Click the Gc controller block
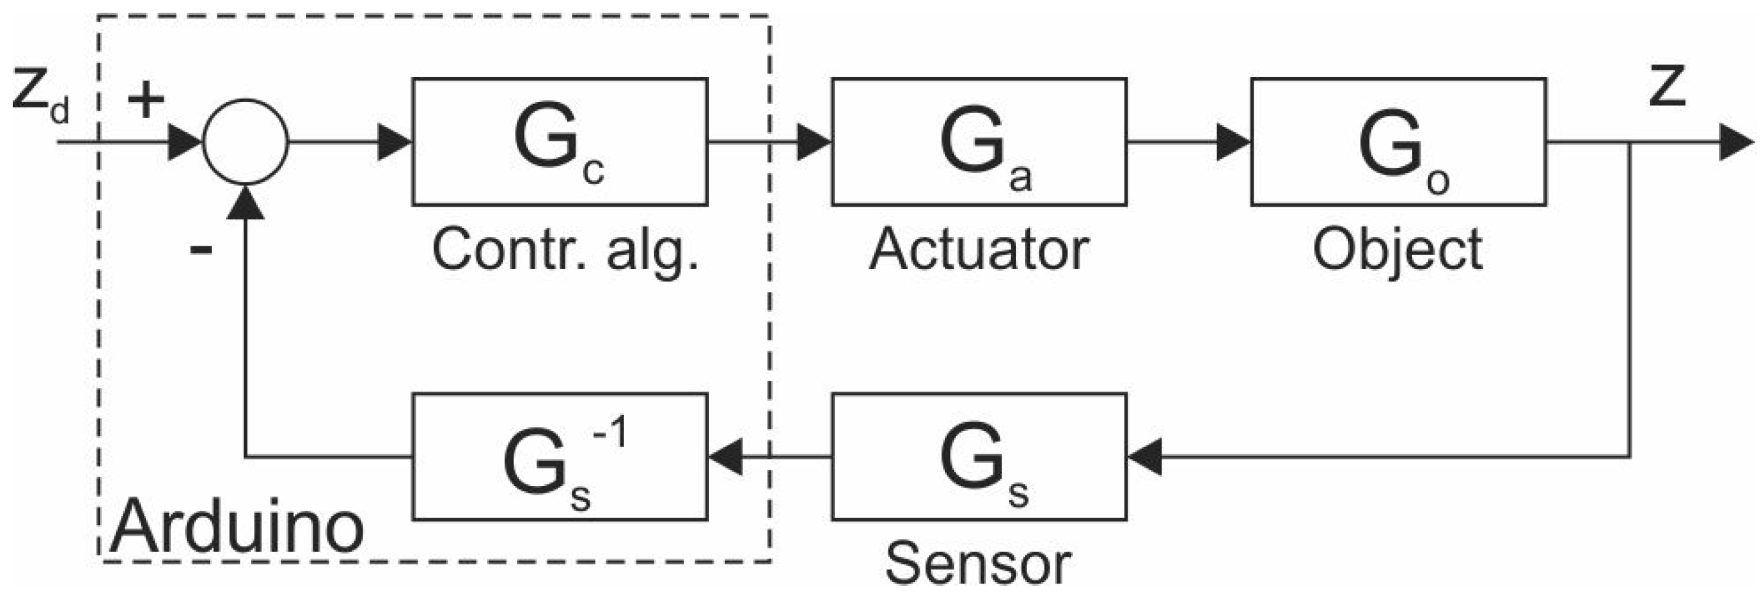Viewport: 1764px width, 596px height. pyautogui.click(x=559, y=142)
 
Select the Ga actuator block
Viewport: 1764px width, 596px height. pyautogui.click(x=979, y=142)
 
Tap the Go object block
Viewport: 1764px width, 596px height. pyautogui.click(x=1398, y=142)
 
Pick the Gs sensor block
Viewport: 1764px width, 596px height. pyautogui.click(x=979, y=456)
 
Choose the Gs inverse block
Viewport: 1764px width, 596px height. pyautogui.click(x=559, y=456)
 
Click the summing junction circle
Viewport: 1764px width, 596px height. pyautogui.click(x=246, y=142)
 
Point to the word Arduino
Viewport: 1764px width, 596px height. pyautogui.click(x=236, y=527)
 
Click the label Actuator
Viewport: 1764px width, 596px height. pyautogui.click(x=979, y=250)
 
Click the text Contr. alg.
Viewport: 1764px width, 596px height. pyautogui.click(x=565, y=251)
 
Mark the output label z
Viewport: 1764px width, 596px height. pyautogui.click(x=1666, y=87)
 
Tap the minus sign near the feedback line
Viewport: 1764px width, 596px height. pyautogui.click(x=201, y=250)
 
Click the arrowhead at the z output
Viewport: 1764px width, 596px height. pyautogui.click(x=1736, y=142)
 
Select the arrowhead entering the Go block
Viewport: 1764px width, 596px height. pyautogui.click(x=1233, y=142)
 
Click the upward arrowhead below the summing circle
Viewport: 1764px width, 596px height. pyautogui.click(x=246, y=203)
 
